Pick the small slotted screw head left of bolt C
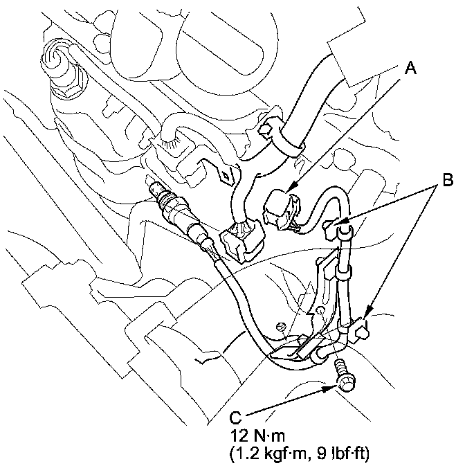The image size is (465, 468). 280,327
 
